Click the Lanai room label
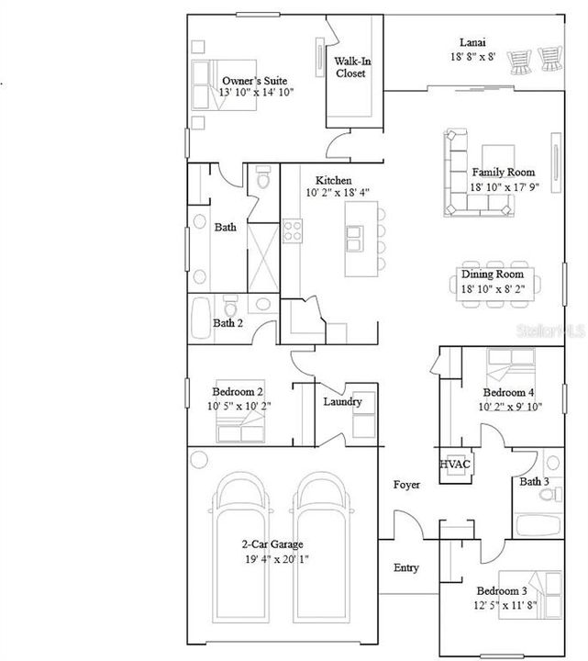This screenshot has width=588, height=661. [472, 42]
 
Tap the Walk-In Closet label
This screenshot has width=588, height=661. [352, 67]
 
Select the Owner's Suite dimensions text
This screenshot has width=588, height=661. [256, 93]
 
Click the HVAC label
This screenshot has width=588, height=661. [454, 465]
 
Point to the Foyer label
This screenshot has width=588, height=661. [406, 485]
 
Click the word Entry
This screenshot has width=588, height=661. [406, 568]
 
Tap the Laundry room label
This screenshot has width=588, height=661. [342, 402]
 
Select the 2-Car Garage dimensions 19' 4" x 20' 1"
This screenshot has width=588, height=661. [277, 559]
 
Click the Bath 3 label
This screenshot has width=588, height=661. [534, 481]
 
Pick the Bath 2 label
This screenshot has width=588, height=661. [227, 323]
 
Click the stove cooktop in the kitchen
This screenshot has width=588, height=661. [292, 231]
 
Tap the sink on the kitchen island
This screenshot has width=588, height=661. [354, 239]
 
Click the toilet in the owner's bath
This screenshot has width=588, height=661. [263, 177]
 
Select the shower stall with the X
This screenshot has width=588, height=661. [263, 258]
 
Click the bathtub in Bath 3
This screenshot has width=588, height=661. [538, 525]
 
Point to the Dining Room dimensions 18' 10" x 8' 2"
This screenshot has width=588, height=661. [493, 289]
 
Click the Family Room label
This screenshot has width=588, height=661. [504, 172]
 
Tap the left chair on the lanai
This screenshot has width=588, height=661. [519, 62]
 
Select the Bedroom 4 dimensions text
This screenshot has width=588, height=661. [510, 407]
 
